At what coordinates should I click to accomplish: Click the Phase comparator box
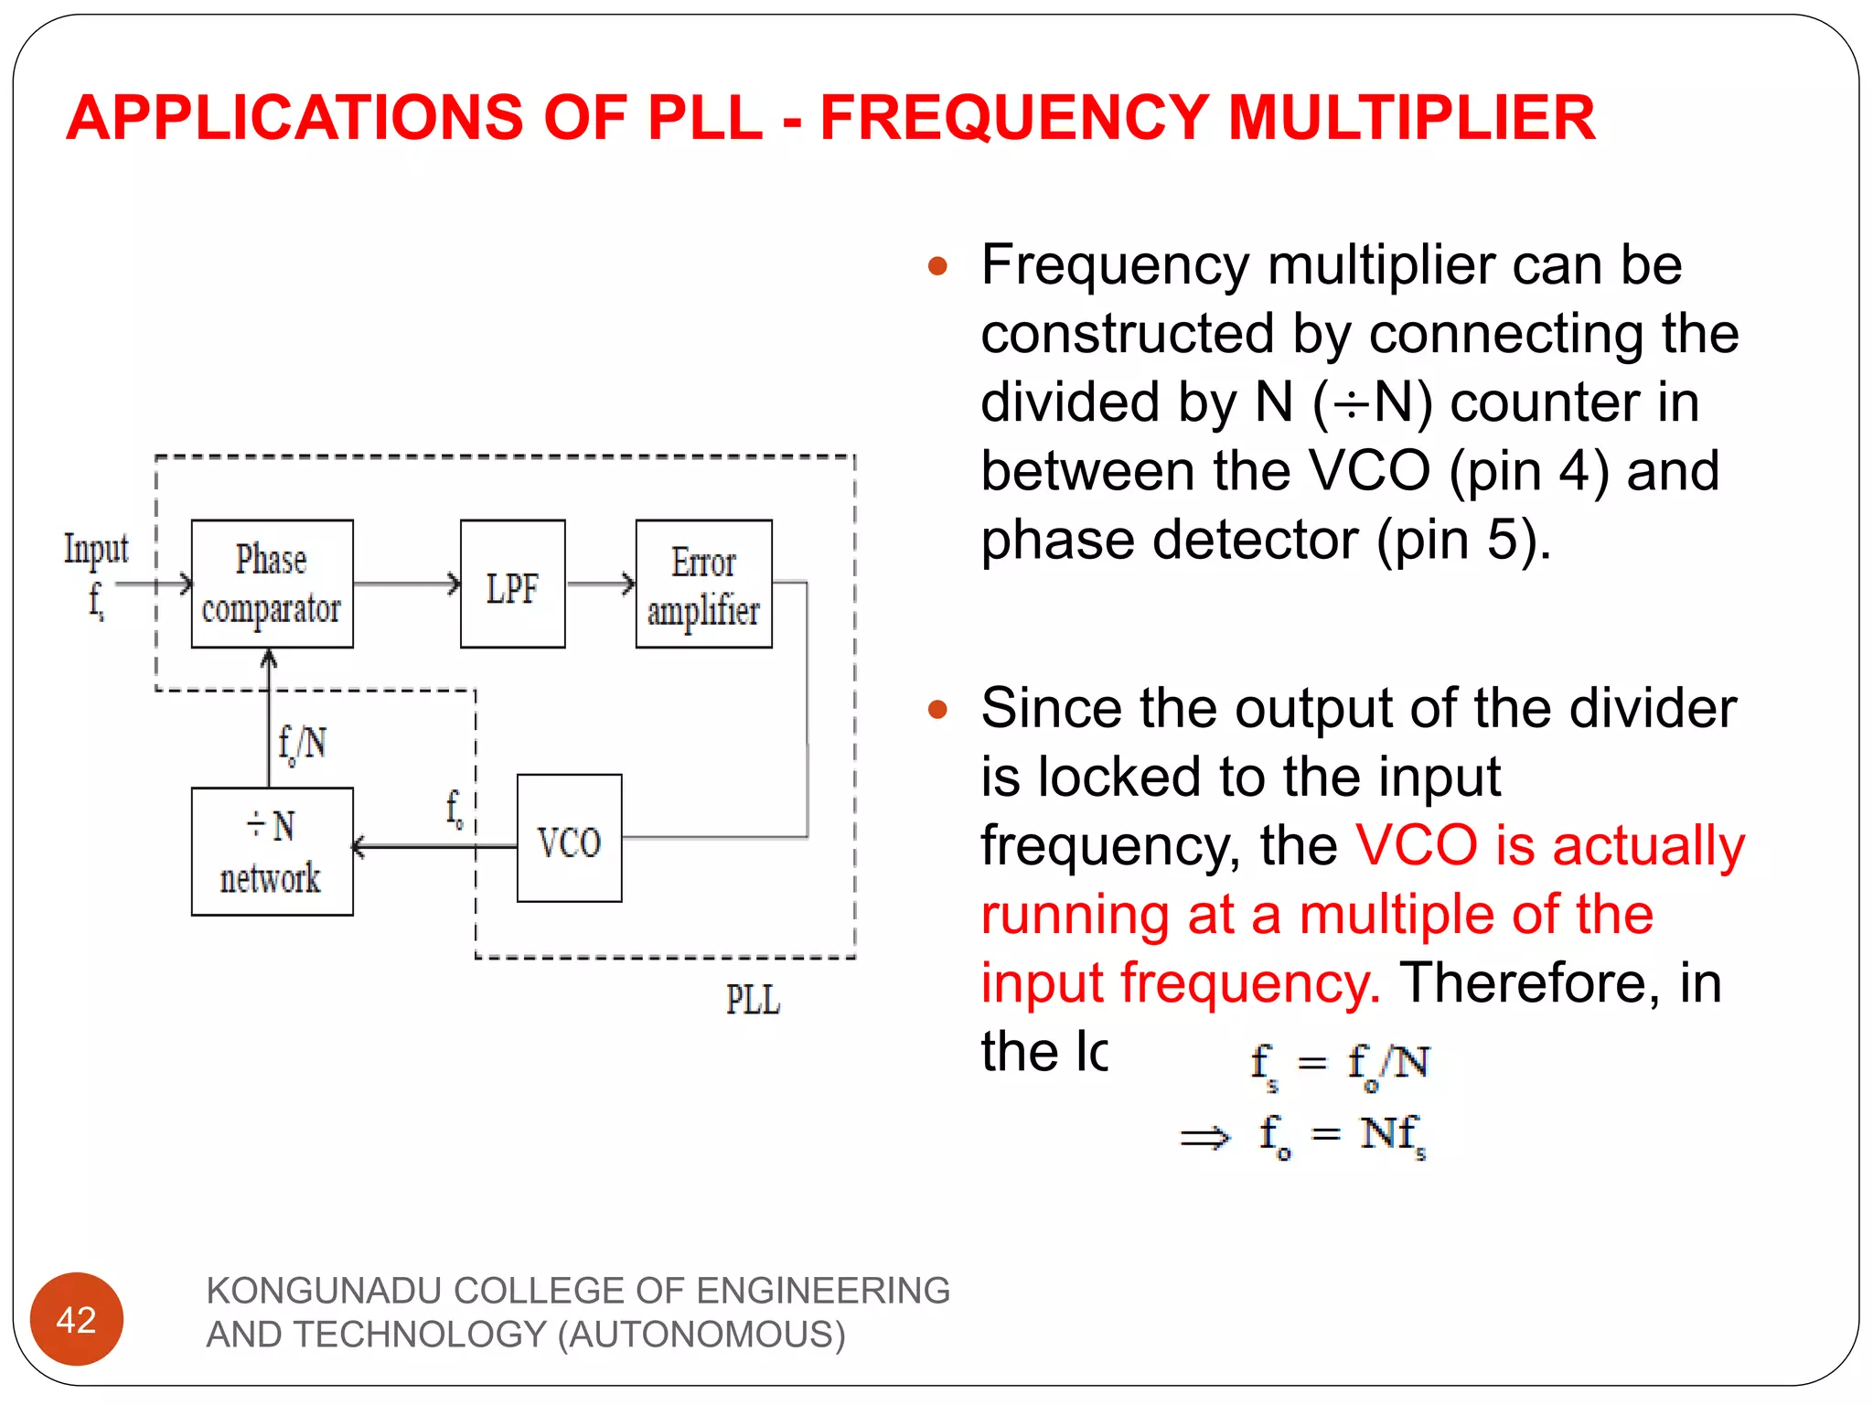coord(272,584)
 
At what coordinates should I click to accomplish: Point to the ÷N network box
coord(272,851)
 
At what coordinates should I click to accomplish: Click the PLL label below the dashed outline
coord(753,999)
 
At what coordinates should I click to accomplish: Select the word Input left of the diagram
coord(96,549)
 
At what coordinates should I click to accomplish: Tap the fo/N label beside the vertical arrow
coord(302,744)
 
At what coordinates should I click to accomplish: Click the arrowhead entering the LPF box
coord(455,584)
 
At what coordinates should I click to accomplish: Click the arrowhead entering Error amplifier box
coord(629,584)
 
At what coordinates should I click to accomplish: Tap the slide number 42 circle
coord(77,1318)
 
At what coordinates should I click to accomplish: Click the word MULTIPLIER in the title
coord(1411,118)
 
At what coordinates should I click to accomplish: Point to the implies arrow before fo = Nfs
coord(1205,1138)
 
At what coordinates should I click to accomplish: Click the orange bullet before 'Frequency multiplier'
coord(937,266)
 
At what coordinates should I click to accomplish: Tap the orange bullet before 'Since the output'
coord(937,709)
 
